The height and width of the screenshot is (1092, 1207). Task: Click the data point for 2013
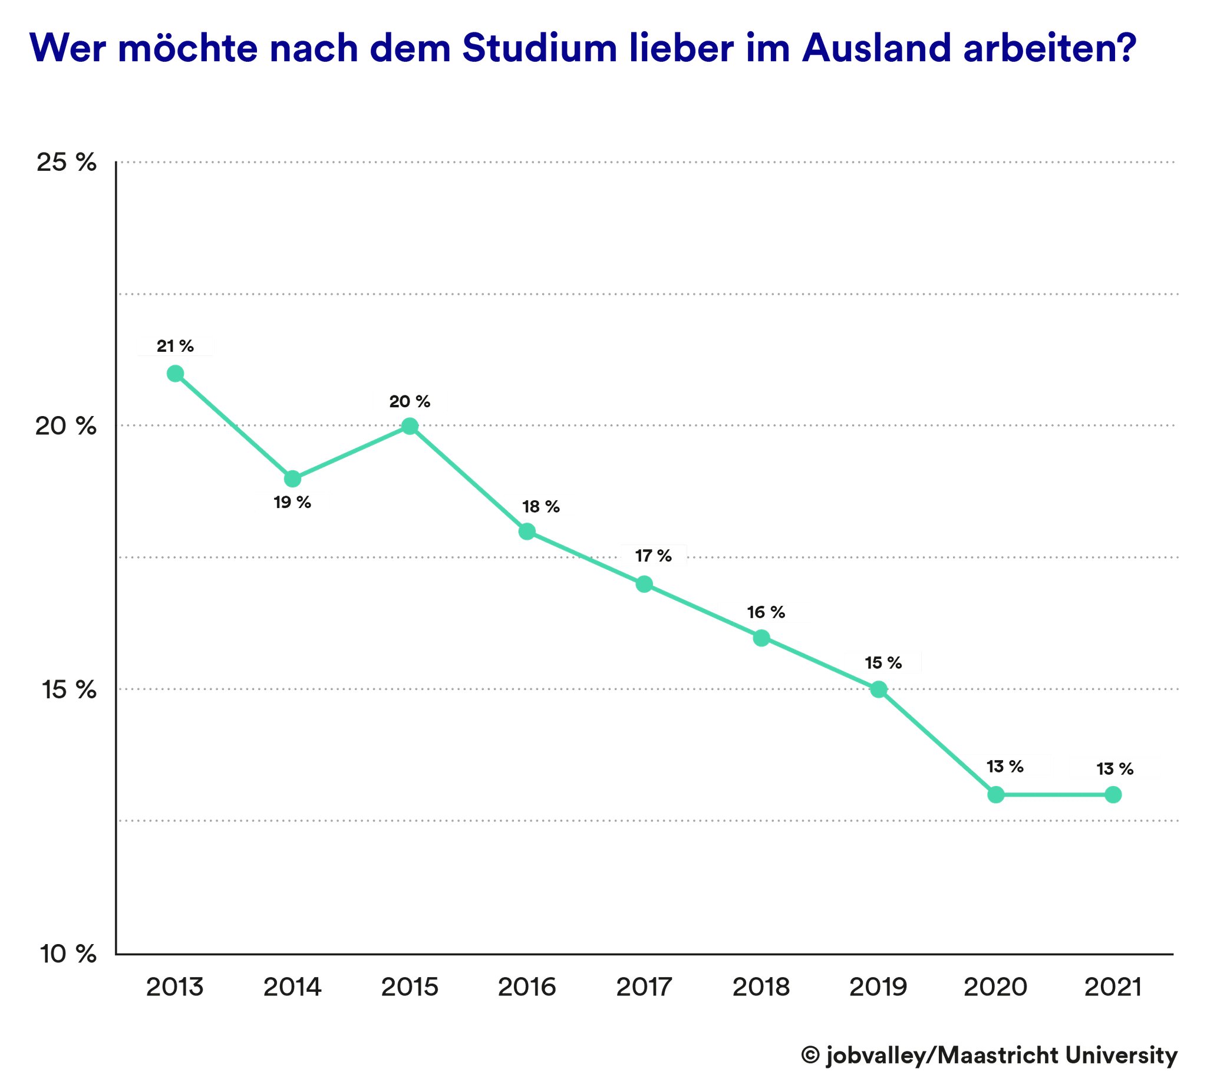pyautogui.click(x=176, y=374)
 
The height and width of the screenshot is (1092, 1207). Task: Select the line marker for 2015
pyautogui.click(x=410, y=426)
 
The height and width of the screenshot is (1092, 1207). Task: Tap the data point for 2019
pyautogui.click(x=878, y=689)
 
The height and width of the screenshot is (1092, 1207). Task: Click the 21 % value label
pyautogui.click(x=176, y=346)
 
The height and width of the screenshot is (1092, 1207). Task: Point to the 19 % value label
pyautogui.click(x=293, y=502)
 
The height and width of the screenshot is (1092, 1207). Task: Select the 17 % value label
pyautogui.click(x=653, y=556)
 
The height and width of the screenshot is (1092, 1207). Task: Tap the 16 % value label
pyautogui.click(x=766, y=612)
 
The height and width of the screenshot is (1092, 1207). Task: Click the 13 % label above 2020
pyautogui.click(x=1005, y=766)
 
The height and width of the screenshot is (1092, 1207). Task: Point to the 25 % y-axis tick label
pyautogui.click(x=67, y=162)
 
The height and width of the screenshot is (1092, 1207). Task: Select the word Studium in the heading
pyautogui.click(x=539, y=48)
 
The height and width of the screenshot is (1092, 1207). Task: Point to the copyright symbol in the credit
pyautogui.click(x=810, y=1055)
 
